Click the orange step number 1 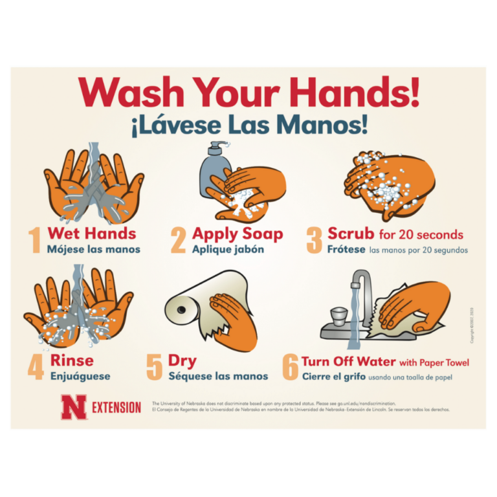point(35,239)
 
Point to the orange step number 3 point(314,240)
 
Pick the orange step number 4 point(36,367)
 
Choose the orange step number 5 point(154,367)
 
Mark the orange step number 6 point(290,368)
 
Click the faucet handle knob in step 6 point(337,316)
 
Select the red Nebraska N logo point(73,407)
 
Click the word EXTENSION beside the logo point(116,408)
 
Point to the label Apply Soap point(237,234)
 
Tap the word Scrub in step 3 point(350,233)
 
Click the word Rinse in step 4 point(71,360)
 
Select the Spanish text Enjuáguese point(80,376)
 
